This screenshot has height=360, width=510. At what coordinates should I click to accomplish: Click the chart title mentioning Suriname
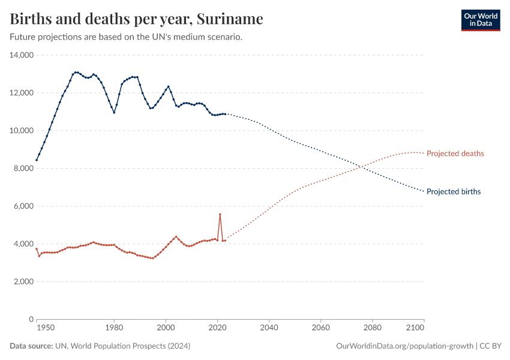coord(136,19)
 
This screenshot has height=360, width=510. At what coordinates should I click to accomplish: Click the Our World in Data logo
coord(480,20)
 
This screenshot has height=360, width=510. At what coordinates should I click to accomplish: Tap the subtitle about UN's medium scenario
coord(126,37)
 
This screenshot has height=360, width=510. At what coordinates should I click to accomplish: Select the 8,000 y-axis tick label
coord(23,169)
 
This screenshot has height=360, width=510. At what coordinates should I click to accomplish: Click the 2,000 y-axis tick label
coord(23,281)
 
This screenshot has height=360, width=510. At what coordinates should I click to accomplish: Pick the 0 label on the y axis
coord(30,319)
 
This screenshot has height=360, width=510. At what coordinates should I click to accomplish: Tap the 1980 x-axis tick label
coord(114,329)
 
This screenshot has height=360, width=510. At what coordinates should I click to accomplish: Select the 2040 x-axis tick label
coord(269,329)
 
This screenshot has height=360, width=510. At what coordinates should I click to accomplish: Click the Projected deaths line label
coord(455,154)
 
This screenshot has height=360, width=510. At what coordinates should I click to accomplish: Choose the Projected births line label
coord(454,192)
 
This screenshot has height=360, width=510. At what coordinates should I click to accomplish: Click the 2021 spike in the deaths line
coord(220,214)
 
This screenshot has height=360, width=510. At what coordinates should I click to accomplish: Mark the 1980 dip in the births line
coord(114,112)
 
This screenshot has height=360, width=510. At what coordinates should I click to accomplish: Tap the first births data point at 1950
coord(37,160)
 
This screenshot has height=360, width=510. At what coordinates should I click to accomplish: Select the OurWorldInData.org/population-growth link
coord(406,346)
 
